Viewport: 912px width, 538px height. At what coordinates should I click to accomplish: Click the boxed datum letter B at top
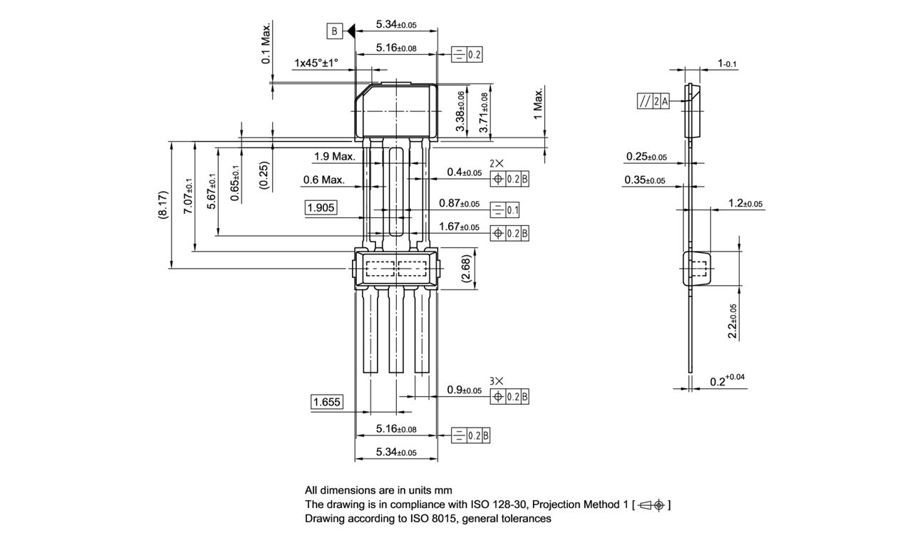pyautogui.click(x=334, y=31)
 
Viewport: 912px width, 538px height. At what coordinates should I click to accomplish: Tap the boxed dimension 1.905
pyautogui.click(x=321, y=207)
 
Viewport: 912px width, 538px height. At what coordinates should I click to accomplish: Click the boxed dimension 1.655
pyautogui.click(x=327, y=402)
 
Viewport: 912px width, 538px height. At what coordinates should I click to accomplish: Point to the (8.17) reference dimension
pyautogui.click(x=163, y=205)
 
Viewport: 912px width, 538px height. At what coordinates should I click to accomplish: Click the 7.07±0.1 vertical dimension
pyautogui.click(x=188, y=196)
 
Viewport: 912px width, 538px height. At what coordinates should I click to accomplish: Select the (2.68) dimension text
pyautogui.click(x=465, y=270)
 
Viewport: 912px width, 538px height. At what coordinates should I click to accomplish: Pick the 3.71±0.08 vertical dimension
pyautogui.click(x=484, y=113)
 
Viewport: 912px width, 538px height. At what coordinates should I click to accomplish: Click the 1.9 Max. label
pyautogui.click(x=334, y=156)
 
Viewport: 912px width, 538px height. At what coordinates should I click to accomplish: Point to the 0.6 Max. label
pyautogui.click(x=323, y=180)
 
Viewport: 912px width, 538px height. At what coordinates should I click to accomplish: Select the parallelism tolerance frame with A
pyautogui.click(x=653, y=102)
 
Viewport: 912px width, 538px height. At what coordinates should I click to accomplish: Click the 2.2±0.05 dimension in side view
pyautogui.click(x=732, y=321)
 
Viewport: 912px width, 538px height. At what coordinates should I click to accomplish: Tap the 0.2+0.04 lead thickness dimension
pyautogui.click(x=727, y=381)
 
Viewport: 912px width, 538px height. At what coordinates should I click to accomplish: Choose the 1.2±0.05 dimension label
pyautogui.click(x=745, y=204)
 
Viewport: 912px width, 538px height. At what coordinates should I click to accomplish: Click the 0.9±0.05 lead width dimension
pyautogui.click(x=464, y=390)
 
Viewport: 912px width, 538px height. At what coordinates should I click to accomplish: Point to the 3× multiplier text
pyautogui.click(x=497, y=381)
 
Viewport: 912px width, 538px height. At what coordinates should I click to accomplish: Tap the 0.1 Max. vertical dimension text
pyautogui.click(x=266, y=43)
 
